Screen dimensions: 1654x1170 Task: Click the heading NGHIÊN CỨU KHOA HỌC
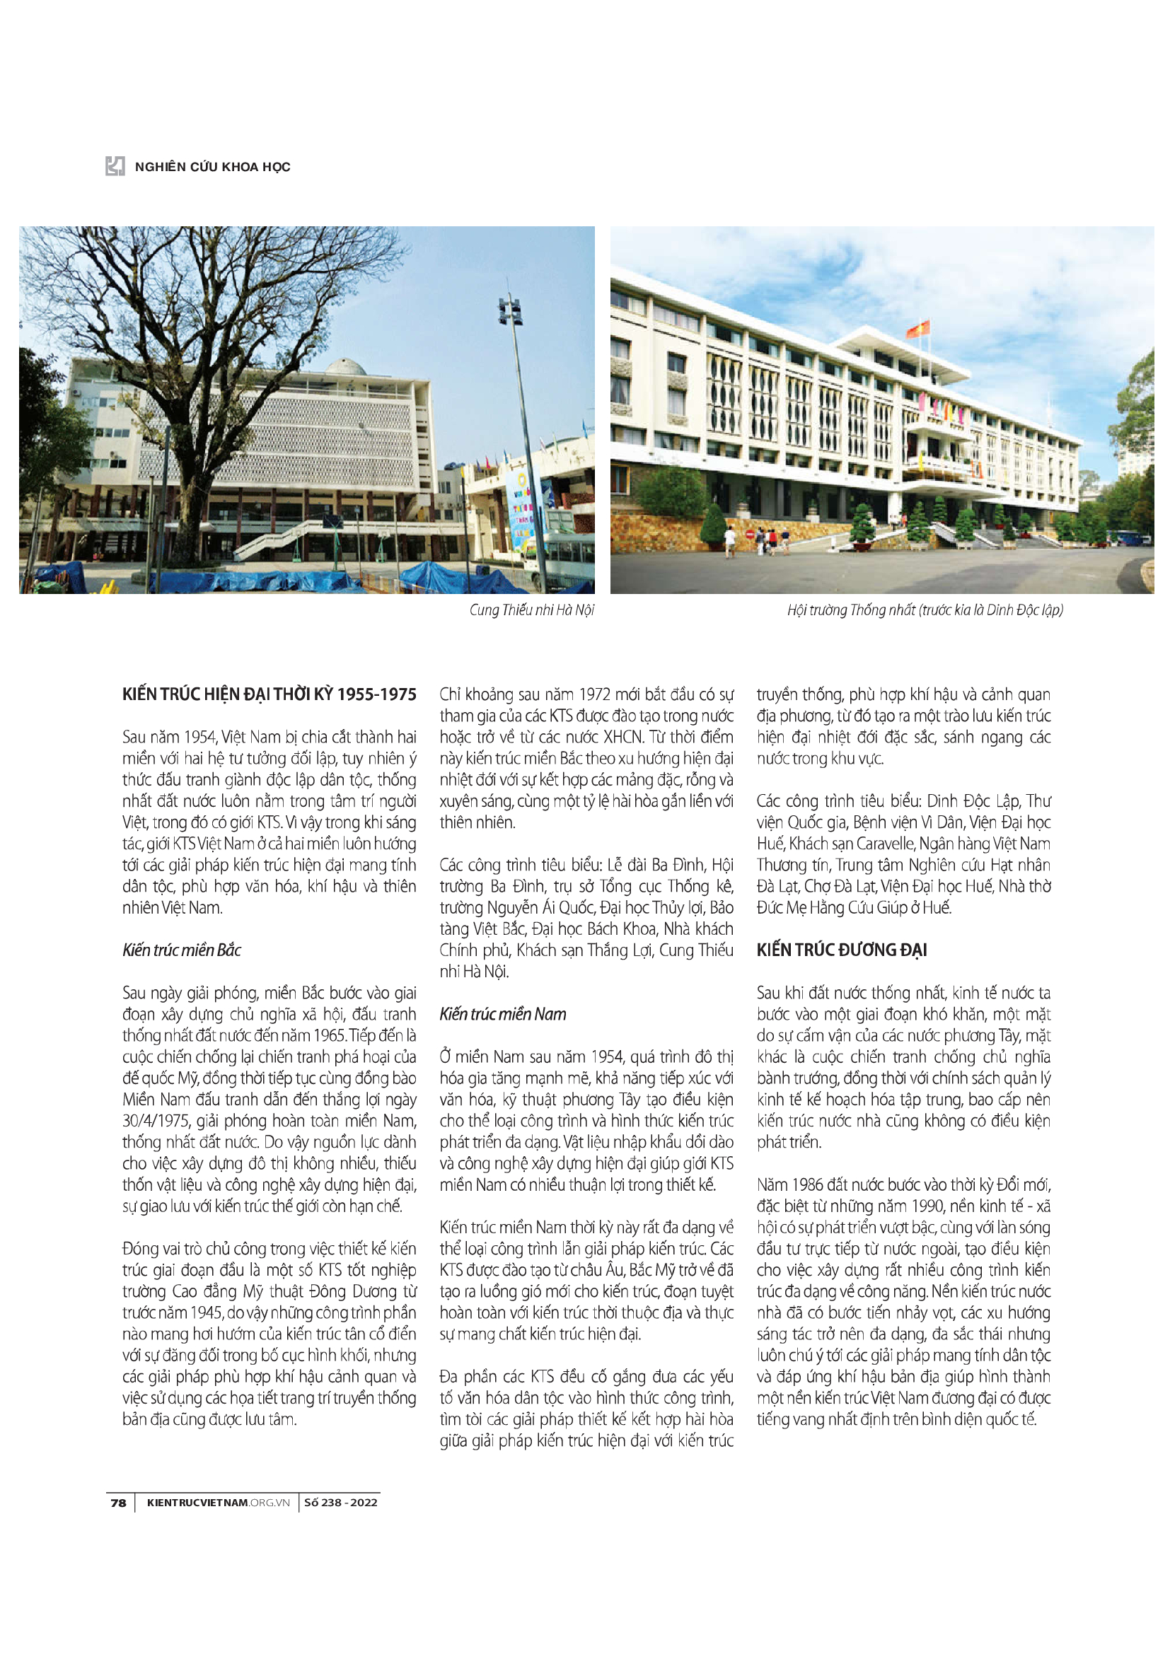212,167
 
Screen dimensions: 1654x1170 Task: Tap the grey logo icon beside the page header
115,166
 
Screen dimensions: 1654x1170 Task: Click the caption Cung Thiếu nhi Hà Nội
532,610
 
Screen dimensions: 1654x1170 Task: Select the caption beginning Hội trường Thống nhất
925,610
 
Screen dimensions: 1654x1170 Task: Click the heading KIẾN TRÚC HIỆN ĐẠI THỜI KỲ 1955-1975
270,694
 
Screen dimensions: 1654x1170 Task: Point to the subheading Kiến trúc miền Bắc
182,950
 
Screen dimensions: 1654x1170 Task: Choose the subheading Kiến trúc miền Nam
503,1014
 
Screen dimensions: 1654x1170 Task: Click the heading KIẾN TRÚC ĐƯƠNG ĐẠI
842,950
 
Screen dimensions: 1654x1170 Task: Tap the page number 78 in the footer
118,1503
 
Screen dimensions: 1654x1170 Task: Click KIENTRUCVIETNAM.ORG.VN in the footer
218,1503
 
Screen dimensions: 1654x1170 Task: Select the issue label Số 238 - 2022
341,1503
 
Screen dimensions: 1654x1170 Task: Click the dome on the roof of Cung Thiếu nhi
345,367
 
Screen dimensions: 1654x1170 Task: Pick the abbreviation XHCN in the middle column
623,737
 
